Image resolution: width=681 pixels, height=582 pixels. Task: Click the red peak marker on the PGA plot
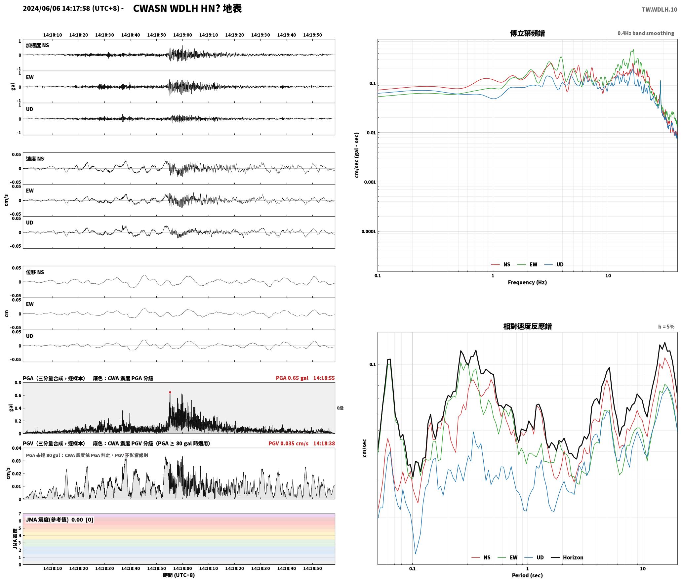(x=170, y=393)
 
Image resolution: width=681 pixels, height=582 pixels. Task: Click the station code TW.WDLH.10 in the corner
(x=659, y=10)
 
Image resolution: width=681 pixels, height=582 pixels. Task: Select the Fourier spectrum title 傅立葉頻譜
(x=527, y=33)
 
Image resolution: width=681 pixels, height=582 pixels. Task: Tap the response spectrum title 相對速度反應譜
(x=527, y=326)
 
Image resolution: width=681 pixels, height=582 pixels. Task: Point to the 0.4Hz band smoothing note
(x=646, y=33)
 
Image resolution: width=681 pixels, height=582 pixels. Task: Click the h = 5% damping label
(x=666, y=327)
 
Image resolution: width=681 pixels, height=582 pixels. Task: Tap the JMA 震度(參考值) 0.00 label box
(x=60, y=520)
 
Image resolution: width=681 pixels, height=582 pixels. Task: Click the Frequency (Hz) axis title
(x=527, y=282)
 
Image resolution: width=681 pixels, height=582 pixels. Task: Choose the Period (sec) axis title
(x=527, y=575)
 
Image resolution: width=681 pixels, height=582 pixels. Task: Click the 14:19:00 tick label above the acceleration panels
(x=182, y=35)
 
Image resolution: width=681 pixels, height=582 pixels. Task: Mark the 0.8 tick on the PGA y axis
(x=18, y=383)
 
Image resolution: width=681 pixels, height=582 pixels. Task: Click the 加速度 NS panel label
(x=37, y=45)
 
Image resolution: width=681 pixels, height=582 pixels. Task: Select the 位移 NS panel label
(x=35, y=272)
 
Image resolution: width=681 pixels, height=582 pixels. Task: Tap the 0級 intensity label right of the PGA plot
(x=340, y=408)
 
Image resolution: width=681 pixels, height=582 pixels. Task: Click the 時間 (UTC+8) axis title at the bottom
(x=179, y=575)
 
